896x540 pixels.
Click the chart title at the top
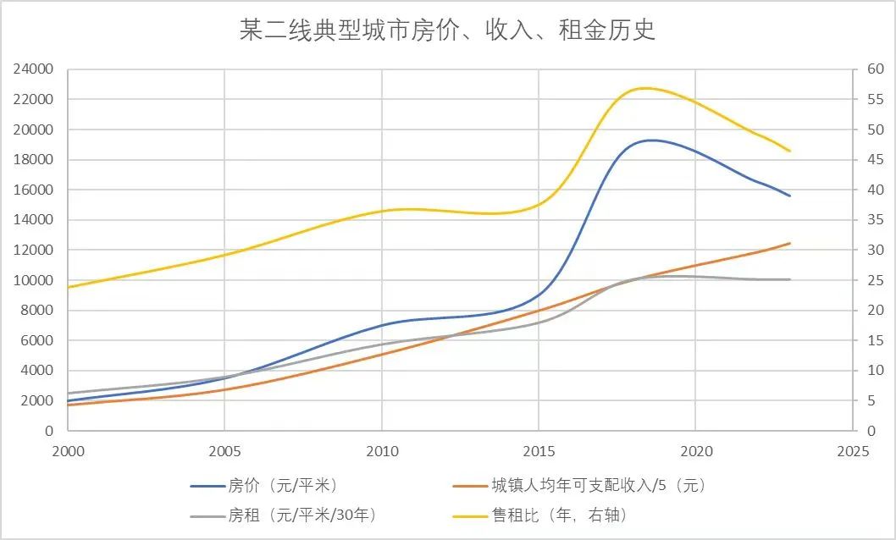(x=448, y=31)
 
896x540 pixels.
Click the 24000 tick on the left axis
(x=33, y=69)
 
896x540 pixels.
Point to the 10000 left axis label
(x=33, y=280)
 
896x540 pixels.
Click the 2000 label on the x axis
(x=68, y=451)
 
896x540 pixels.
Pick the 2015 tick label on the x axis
(x=539, y=451)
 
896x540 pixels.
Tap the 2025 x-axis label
(x=852, y=451)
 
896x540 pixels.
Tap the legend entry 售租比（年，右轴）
(x=560, y=515)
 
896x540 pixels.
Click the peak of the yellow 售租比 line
(x=645, y=88)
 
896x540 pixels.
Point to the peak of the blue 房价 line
(x=652, y=141)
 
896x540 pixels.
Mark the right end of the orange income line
(x=789, y=244)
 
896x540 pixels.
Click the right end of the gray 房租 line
(x=789, y=279)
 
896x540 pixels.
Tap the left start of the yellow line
(x=69, y=287)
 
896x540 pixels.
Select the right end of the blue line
(x=789, y=196)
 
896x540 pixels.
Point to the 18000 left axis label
(x=33, y=160)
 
